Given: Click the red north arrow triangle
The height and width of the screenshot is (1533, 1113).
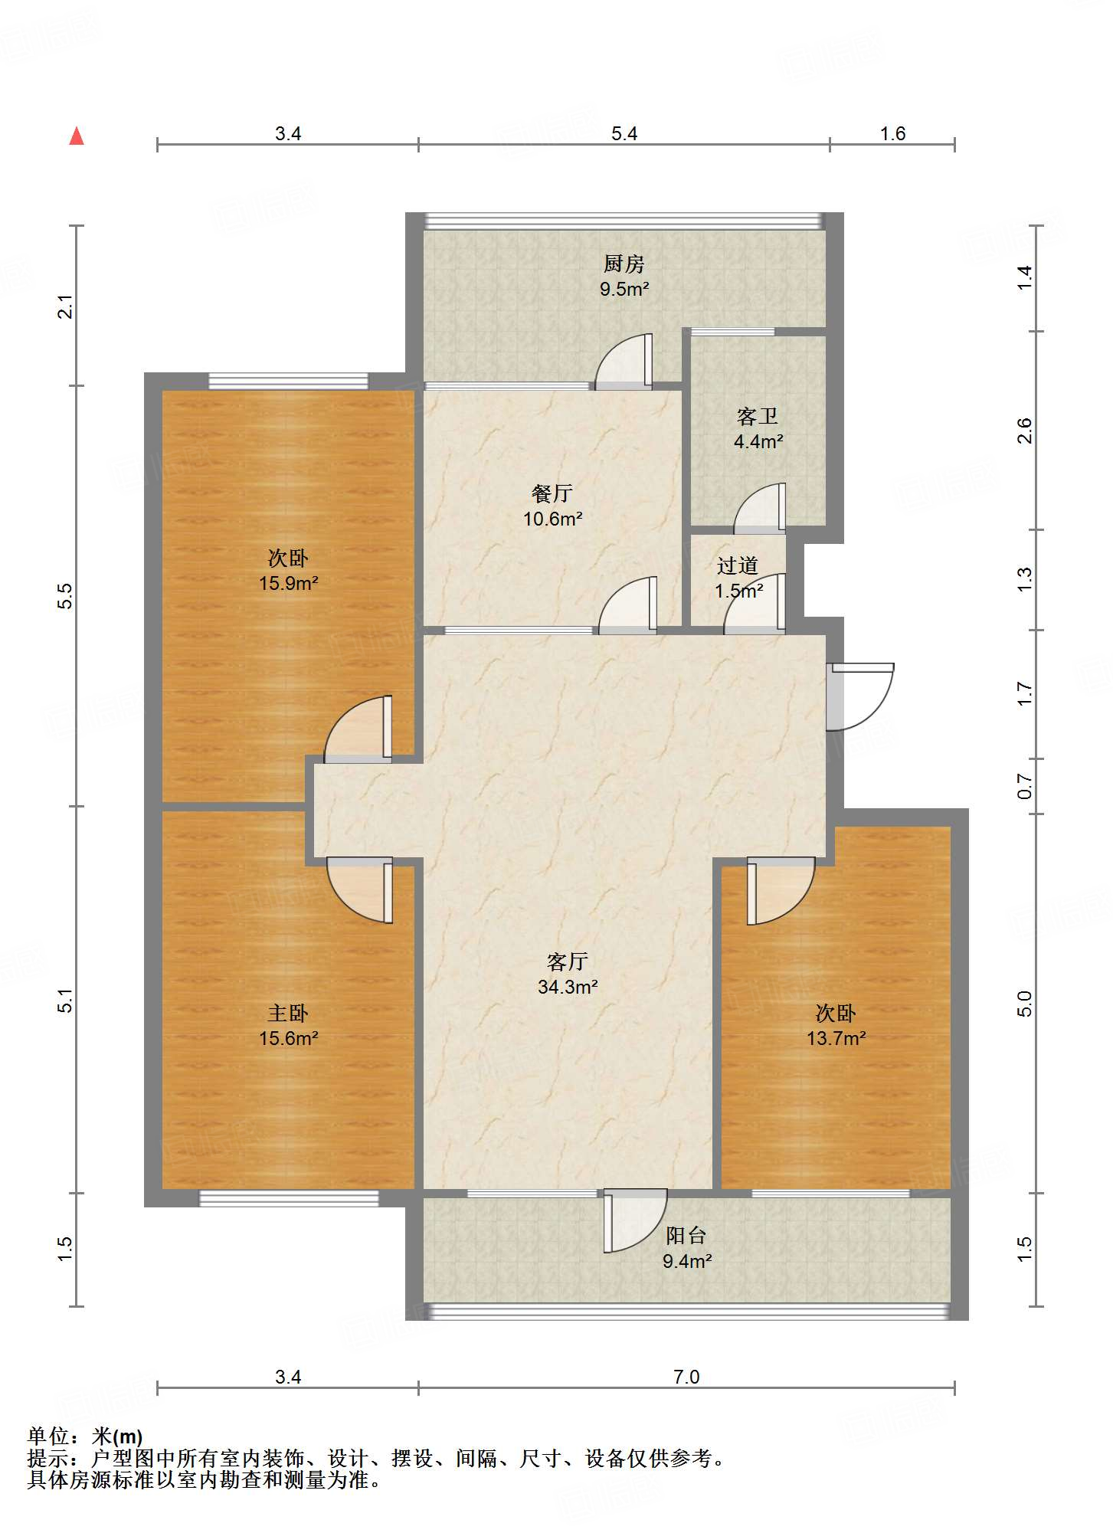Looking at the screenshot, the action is tap(77, 136).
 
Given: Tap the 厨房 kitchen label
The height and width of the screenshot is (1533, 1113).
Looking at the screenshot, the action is tap(624, 264).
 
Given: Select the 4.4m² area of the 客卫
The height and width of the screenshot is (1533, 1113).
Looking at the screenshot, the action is tap(758, 441).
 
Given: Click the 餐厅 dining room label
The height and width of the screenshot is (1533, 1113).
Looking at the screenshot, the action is tap(552, 494).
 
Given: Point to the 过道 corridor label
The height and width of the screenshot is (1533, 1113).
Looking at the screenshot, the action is tap(738, 566).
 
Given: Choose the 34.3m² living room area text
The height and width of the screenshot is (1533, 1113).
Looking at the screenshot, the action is tap(568, 987).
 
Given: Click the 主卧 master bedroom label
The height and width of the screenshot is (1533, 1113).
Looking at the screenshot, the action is tap(288, 1014).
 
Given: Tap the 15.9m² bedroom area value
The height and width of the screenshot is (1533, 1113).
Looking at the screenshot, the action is tap(288, 583).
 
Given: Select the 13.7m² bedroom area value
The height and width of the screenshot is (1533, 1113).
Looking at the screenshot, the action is tap(836, 1038).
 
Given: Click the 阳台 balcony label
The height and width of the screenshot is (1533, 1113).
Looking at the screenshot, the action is tap(686, 1236).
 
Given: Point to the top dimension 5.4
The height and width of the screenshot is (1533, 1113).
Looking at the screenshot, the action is tap(624, 134).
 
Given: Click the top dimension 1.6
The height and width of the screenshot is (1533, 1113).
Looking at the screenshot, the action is tap(892, 134).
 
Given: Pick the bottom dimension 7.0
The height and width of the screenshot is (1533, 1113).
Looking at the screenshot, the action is tap(686, 1377).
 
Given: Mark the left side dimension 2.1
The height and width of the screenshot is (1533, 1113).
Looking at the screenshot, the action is tap(67, 306).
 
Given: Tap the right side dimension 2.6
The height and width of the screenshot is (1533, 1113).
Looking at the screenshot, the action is tap(1025, 431).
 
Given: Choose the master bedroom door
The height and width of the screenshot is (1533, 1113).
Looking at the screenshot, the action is tap(360, 889).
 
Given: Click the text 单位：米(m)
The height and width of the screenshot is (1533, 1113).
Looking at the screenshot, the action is tap(85, 1436).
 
